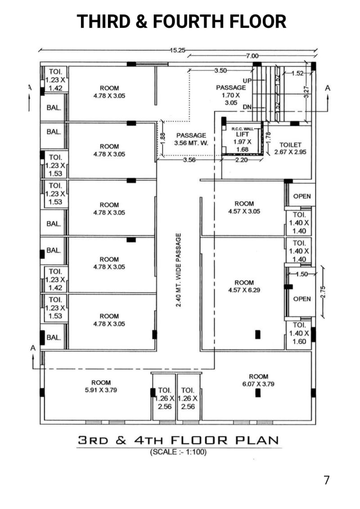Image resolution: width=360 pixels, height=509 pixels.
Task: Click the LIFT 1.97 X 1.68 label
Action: click(242, 141)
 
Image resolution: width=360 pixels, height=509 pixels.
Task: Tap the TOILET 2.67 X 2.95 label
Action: click(290, 149)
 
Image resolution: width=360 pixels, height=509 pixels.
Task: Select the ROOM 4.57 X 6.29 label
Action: click(244, 286)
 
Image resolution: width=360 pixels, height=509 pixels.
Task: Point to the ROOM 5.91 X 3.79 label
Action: click(101, 386)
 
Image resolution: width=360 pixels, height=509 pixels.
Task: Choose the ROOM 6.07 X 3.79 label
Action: click(258, 380)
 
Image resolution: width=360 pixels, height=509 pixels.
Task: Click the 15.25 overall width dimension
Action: click(177, 50)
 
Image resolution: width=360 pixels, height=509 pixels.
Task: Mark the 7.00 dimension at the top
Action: click(252, 56)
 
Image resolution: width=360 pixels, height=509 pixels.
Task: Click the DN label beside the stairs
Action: click(247, 107)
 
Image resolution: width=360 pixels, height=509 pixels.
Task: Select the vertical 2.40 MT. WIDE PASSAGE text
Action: click(179, 270)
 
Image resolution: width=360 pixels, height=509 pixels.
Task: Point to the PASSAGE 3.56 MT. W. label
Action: click(191, 139)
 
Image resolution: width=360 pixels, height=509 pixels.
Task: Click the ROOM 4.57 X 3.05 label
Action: click(244, 207)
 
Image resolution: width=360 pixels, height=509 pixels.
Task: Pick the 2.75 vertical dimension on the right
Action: click(325, 291)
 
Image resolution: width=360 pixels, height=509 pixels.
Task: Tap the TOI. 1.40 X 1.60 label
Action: click(299, 333)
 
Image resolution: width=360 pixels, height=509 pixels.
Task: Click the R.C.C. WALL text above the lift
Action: click(242, 129)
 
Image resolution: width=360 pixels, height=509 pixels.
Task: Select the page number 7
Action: click(326, 480)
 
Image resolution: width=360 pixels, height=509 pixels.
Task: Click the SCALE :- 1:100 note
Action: click(178, 452)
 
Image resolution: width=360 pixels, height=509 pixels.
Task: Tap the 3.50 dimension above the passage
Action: click(220, 70)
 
